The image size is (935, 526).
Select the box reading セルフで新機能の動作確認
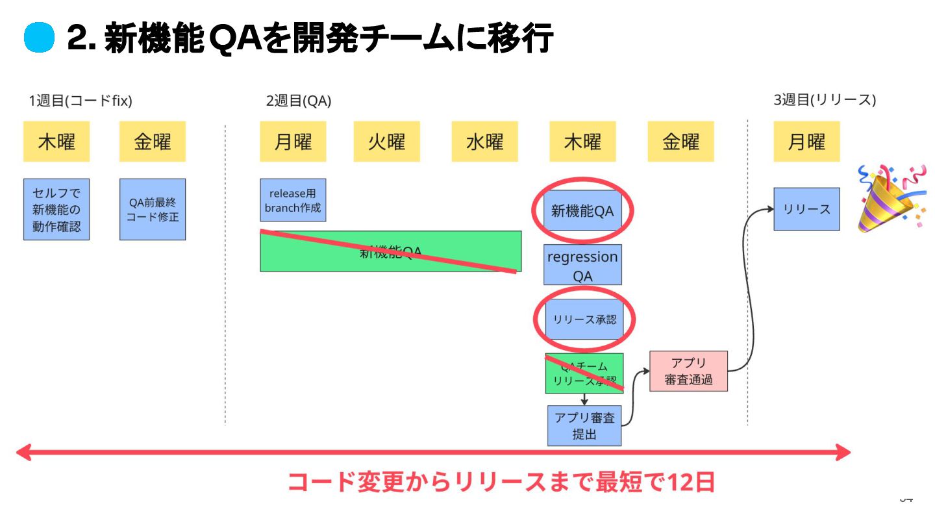56,209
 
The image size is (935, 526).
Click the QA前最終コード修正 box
153,209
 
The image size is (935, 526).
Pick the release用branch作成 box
293,200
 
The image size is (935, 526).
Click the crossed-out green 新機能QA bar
390,251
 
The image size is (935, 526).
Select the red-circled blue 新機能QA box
582,210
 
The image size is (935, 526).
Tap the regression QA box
582,265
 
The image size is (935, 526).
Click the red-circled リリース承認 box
584,319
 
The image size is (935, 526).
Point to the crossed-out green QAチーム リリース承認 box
584,373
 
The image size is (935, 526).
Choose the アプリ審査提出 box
584,425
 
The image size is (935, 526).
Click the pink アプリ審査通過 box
688,371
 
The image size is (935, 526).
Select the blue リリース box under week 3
806,209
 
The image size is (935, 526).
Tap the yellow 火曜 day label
386,142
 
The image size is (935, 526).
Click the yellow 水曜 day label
484,142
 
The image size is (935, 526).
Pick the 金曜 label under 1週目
153,142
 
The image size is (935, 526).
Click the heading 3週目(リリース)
824,100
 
